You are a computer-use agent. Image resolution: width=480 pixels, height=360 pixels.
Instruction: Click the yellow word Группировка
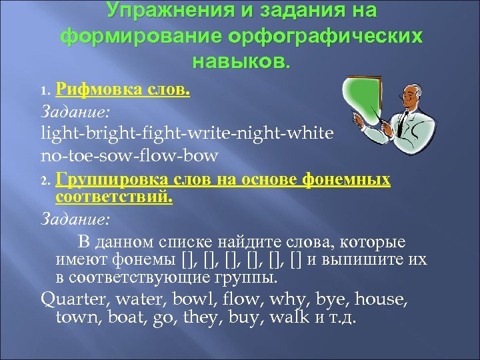107,179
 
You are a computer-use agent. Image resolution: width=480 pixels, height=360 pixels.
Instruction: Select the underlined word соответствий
113,197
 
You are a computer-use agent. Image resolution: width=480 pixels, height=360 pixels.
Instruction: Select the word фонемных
347,179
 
